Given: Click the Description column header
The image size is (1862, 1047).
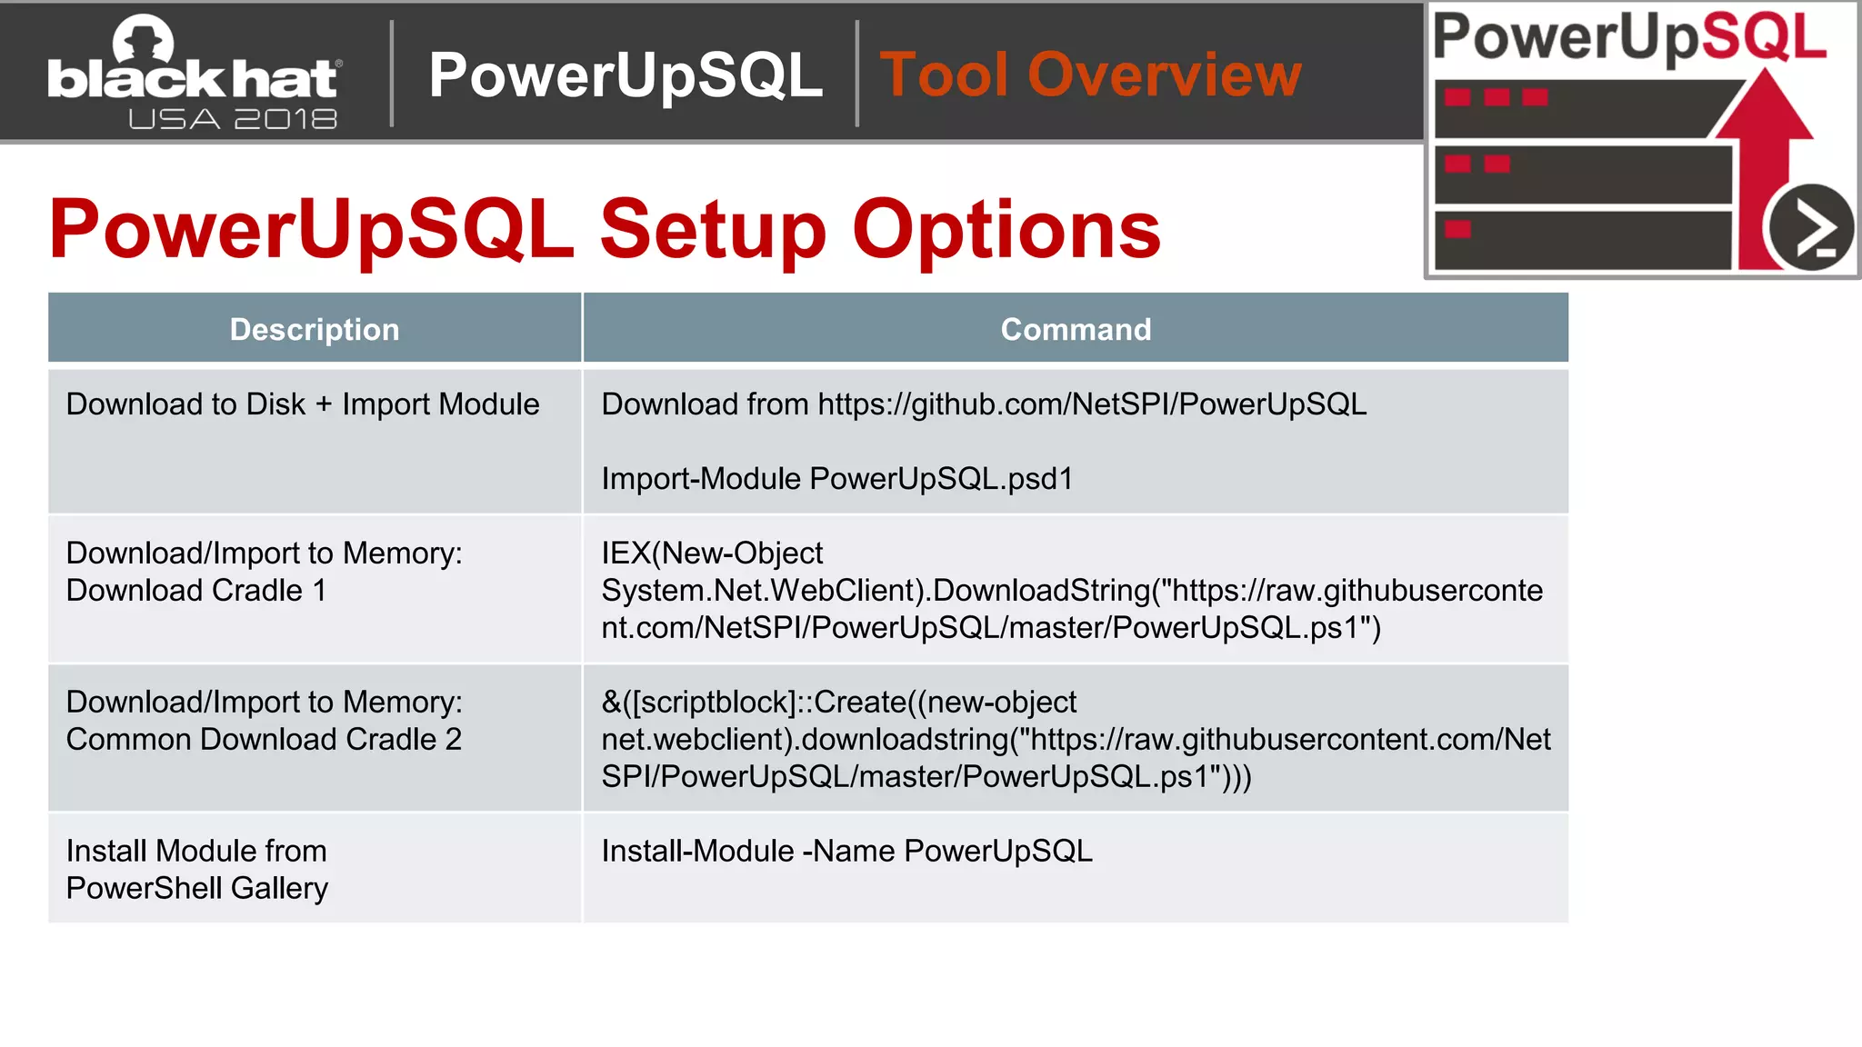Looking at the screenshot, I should (x=315, y=329).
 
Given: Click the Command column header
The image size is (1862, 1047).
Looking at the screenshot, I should (x=1076, y=329).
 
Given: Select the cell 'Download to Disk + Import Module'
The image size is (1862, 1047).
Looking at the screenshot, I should (x=303, y=404).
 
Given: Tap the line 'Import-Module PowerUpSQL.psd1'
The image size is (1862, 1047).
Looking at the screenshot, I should (x=836, y=479).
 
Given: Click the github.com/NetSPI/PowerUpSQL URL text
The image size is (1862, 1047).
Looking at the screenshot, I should (x=1091, y=404).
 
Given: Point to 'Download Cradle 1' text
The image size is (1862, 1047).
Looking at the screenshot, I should (x=195, y=591).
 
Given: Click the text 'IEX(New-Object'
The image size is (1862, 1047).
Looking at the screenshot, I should (x=711, y=553).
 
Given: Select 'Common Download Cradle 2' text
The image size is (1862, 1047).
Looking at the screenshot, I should (x=264, y=740).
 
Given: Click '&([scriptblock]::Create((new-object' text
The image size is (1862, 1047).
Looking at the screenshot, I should (x=838, y=702).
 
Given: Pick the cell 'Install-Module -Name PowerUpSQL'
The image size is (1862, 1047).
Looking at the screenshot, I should (x=846, y=852).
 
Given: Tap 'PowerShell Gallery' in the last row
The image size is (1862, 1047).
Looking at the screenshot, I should (x=196, y=888).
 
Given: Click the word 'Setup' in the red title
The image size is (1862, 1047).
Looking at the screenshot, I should (x=713, y=229).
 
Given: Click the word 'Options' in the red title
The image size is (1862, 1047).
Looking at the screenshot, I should (x=1006, y=229).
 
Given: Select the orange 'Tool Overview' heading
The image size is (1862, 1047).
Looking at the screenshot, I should (x=1090, y=75).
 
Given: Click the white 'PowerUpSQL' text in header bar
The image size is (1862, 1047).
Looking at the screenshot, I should (x=626, y=75).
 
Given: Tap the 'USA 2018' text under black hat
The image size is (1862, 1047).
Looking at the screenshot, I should (x=233, y=119).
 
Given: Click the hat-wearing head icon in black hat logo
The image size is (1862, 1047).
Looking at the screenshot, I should (x=143, y=41).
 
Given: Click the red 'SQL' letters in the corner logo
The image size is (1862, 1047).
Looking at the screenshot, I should (x=1764, y=36).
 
